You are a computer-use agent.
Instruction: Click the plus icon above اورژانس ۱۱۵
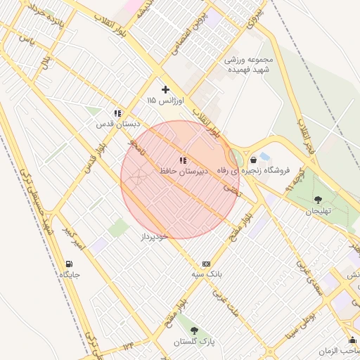pyautogui.click(x=166, y=89)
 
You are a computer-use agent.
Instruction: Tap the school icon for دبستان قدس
pyautogui.click(x=118, y=112)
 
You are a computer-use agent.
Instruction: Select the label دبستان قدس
pyautogui.click(x=118, y=124)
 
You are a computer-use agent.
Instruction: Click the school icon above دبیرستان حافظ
pyautogui.click(x=183, y=160)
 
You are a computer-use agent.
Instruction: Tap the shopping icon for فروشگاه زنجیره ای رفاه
pyautogui.click(x=253, y=160)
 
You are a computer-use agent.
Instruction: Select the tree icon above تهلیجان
pyautogui.click(x=318, y=200)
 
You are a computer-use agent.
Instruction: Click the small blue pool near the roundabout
pyautogui.click(x=264, y=155)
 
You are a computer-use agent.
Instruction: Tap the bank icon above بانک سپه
pyautogui.click(x=206, y=263)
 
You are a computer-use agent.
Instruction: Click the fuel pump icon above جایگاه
pyautogui.click(x=68, y=264)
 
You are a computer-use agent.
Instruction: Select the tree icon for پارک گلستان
pyautogui.click(x=194, y=330)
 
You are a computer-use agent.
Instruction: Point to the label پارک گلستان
pyautogui.click(x=194, y=342)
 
